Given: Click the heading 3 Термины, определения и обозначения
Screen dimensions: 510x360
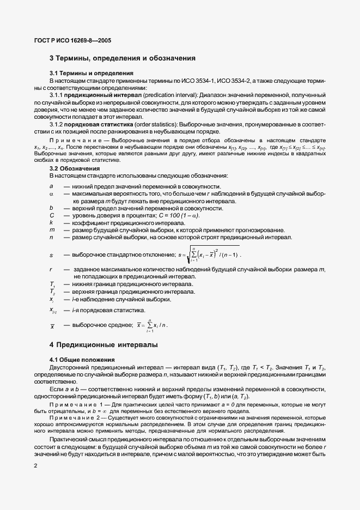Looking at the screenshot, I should tap(123, 58).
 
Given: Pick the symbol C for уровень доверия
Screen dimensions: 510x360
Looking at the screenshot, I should tap(51, 216).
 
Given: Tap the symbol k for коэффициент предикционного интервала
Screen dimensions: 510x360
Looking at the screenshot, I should tap(51, 223).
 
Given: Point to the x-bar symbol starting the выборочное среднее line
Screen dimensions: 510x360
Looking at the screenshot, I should tap(52, 326).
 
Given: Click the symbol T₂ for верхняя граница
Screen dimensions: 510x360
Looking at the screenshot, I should tap(52, 292).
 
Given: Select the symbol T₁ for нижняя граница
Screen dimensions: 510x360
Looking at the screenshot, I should tap(52, 284).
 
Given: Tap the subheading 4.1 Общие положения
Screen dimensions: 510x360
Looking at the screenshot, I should tap(82, 360).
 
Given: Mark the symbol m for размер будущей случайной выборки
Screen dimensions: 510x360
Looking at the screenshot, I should tap(51, 230).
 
